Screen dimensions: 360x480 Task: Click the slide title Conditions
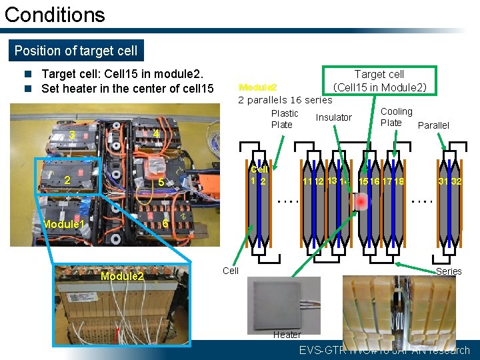coord(55,15)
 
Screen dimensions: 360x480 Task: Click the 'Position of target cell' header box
coord(76,51)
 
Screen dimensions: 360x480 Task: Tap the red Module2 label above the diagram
coord(257,87)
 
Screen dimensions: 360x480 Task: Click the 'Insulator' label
coord(333,117)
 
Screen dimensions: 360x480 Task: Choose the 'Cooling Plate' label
coord(396,117)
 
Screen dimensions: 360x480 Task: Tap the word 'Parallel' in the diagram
coord(433,125)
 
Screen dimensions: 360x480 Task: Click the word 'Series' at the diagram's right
coord(449,271)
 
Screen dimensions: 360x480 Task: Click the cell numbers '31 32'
coord(450,181)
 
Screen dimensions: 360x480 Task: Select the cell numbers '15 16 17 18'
coord(381,181)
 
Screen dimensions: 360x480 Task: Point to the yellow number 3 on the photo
coord(72,135)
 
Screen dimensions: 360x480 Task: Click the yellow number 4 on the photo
coord(155,134)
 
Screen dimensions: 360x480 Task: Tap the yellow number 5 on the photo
coord(161,182)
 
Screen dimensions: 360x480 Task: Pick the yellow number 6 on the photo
coord(165,224)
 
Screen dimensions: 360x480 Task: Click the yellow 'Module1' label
coord(63,225)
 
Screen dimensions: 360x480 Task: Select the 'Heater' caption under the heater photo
coord(287,335)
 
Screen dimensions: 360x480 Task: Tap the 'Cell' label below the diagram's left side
coord(231,270)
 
